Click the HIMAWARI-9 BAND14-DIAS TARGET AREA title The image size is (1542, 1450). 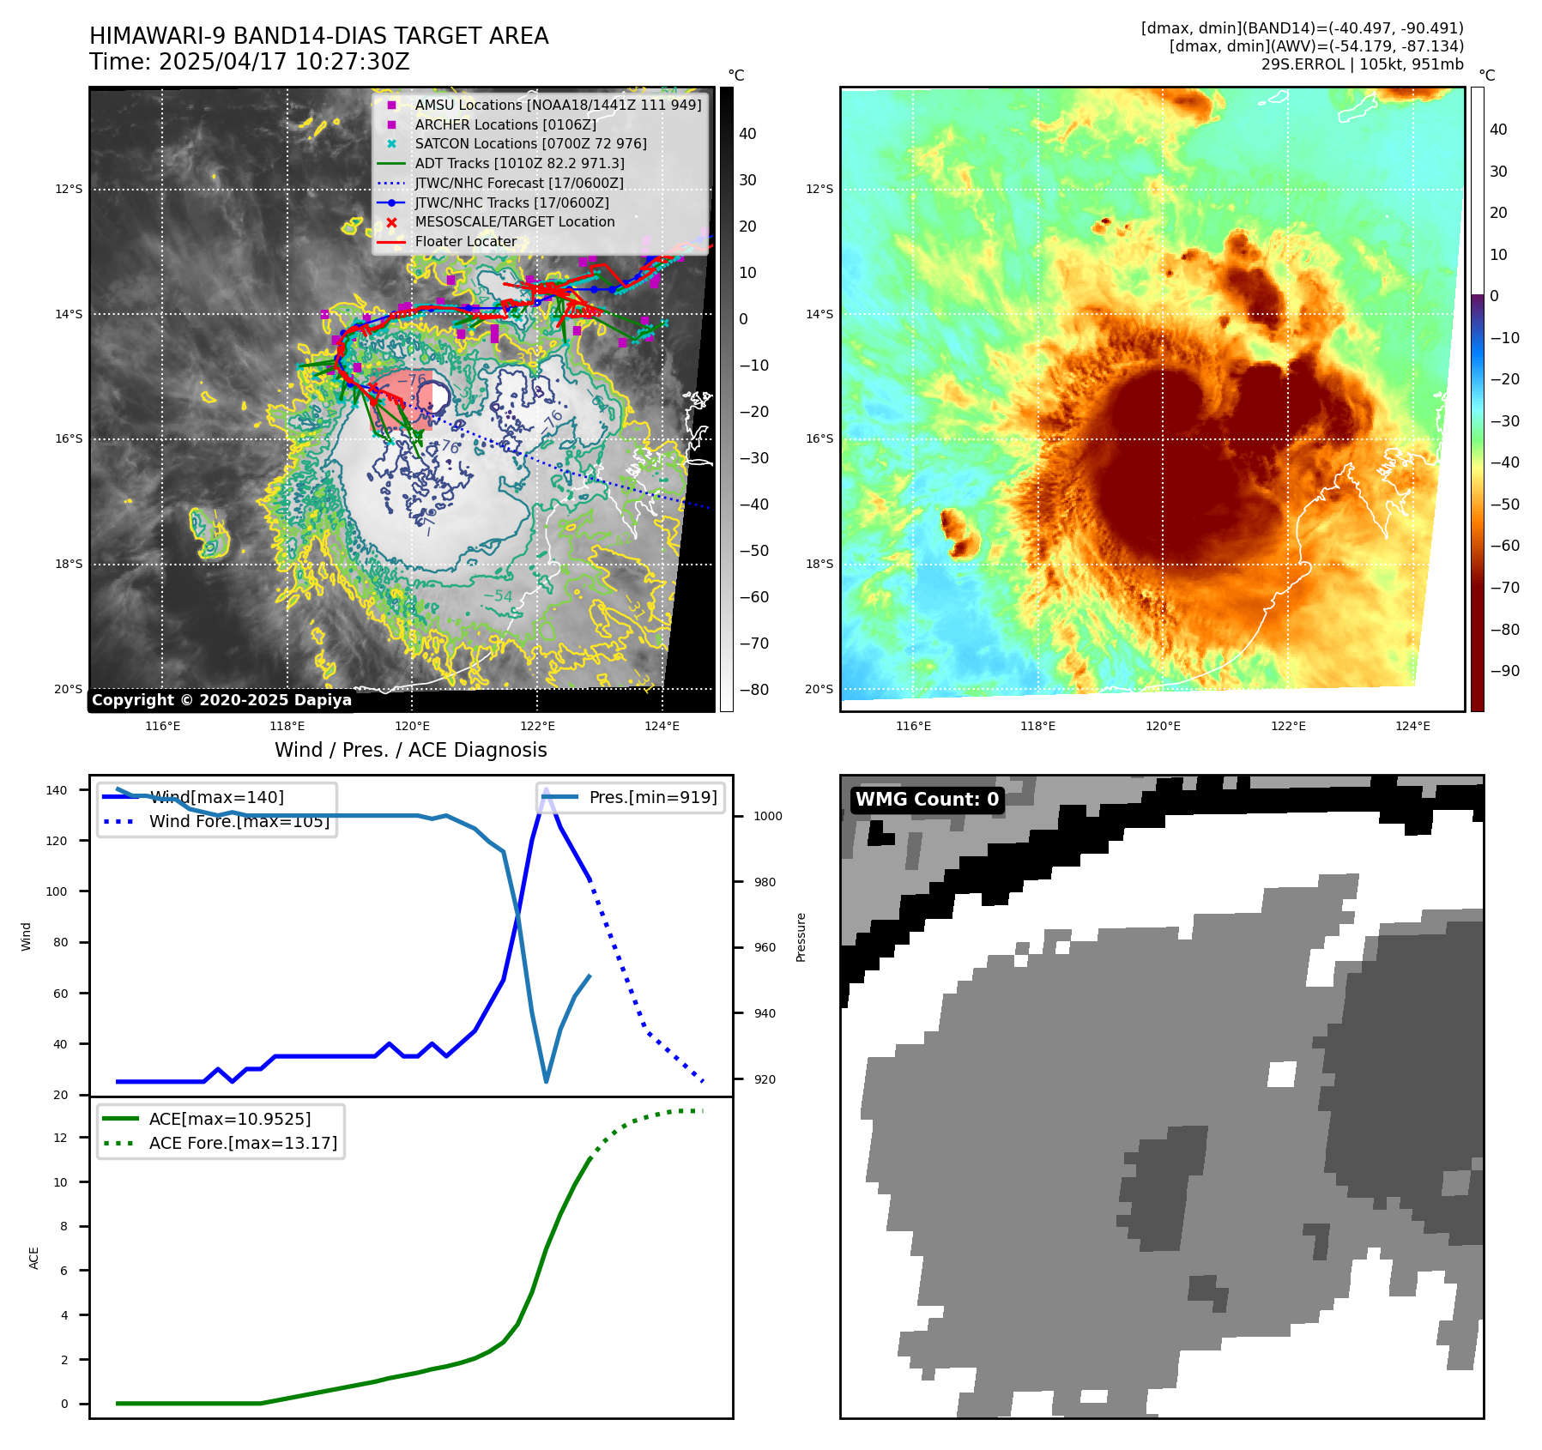[318, 36]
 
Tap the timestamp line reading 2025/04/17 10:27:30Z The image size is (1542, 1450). [249, 63]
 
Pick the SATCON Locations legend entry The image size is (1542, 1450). [530, 144]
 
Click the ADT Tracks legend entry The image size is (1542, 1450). [519, 163]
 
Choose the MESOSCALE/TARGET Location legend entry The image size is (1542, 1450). [515, 222]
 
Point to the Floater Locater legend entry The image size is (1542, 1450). [465, 242]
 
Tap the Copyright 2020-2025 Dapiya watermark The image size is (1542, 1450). [221, 700]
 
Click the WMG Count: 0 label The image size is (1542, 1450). [927, 800]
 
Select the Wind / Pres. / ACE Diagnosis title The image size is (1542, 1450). [410, 750]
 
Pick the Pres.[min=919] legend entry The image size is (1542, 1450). [652, 797]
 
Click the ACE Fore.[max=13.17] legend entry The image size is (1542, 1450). [243, 1143]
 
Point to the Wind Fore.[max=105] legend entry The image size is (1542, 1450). [239, 821]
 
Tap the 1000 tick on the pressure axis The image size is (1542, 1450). [767, 816]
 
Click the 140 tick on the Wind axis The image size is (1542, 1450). [57, 790]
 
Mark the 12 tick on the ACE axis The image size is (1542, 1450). [61, 1138]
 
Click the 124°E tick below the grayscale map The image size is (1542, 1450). [662, 726]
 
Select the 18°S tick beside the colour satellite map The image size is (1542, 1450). [819, 564]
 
